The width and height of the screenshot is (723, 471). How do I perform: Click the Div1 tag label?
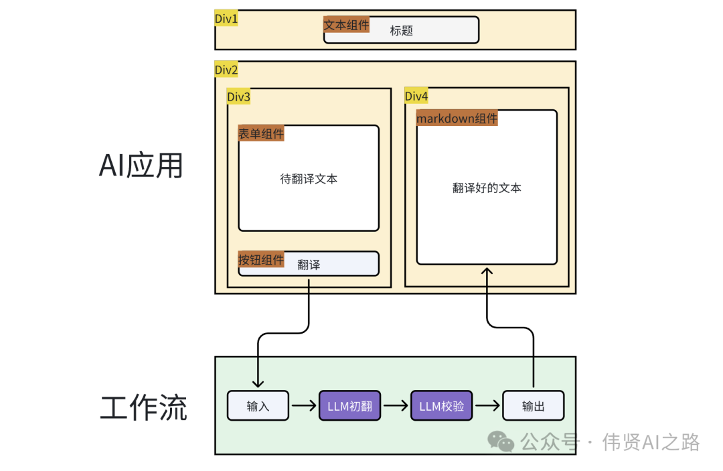226,19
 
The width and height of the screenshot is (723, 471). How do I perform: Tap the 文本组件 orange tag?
346,25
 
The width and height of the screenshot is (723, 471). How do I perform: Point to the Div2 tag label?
226,70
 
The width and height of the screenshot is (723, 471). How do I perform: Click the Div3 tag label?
238,97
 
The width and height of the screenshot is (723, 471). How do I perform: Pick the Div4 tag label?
416,96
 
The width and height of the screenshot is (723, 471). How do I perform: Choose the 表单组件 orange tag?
261,133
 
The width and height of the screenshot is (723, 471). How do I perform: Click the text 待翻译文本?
309,179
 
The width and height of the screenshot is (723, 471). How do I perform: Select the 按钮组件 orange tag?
261,260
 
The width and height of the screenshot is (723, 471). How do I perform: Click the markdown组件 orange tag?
457,119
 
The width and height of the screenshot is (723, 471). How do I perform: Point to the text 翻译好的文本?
487,188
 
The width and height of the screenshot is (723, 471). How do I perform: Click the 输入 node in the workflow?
258,406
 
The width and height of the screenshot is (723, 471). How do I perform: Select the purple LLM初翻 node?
349,406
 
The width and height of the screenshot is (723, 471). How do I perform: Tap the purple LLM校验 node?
441,406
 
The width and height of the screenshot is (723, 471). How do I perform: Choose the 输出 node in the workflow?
534,406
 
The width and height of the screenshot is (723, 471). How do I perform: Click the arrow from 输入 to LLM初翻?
304,406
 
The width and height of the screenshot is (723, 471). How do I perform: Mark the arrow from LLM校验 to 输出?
487,406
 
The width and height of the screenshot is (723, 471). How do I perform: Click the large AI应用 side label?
141,165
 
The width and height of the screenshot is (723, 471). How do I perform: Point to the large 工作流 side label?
143,407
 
